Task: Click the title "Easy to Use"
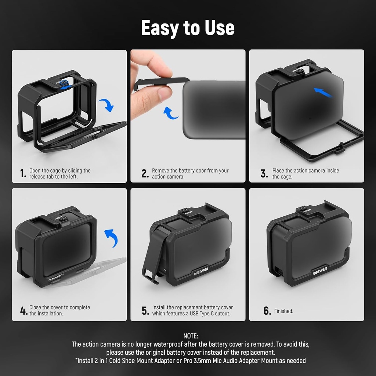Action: tap(188, 28)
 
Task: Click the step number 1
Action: tap(23, 173)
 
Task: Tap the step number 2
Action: tap(145, 173)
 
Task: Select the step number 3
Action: tap(264, 173)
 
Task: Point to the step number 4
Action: tap(23, 311)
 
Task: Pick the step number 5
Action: tap(145, 311)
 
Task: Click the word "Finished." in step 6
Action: tap(284, 311)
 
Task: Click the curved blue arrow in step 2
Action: tap(170, 113)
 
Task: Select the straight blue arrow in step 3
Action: tap(323, 93)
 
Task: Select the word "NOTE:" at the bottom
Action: tap(191, 336)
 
